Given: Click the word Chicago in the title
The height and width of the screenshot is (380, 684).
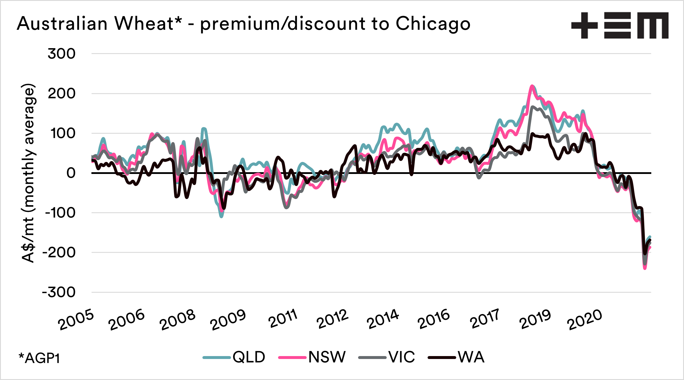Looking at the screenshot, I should click(x=433, y=24).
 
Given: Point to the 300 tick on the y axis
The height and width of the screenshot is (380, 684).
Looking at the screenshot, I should click(x=62, y=54).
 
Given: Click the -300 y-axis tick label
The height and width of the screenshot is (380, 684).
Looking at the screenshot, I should click(x=59, y=292).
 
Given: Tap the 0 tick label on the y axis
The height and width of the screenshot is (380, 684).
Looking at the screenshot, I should click(x=71, y=173).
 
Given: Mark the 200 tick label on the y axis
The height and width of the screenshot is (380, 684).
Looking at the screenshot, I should click(x=62, y=94).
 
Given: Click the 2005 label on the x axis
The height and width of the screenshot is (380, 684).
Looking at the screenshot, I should click(x=76, y=320).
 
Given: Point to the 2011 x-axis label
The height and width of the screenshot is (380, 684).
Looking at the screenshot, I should click(x=283, y=319).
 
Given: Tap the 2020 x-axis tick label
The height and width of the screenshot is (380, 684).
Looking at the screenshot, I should click(x=585, y=320).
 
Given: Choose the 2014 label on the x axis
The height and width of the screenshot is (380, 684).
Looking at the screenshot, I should click(x=383, y=319).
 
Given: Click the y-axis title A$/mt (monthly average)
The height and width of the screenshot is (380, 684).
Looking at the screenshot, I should click(x=28, y=173).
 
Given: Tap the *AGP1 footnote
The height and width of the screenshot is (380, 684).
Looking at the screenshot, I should click(x=39, y=358).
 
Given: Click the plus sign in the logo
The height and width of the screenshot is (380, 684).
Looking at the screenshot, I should click(x=584, y=25).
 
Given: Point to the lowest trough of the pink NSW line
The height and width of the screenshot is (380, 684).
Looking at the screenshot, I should click(x=645, y=269).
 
